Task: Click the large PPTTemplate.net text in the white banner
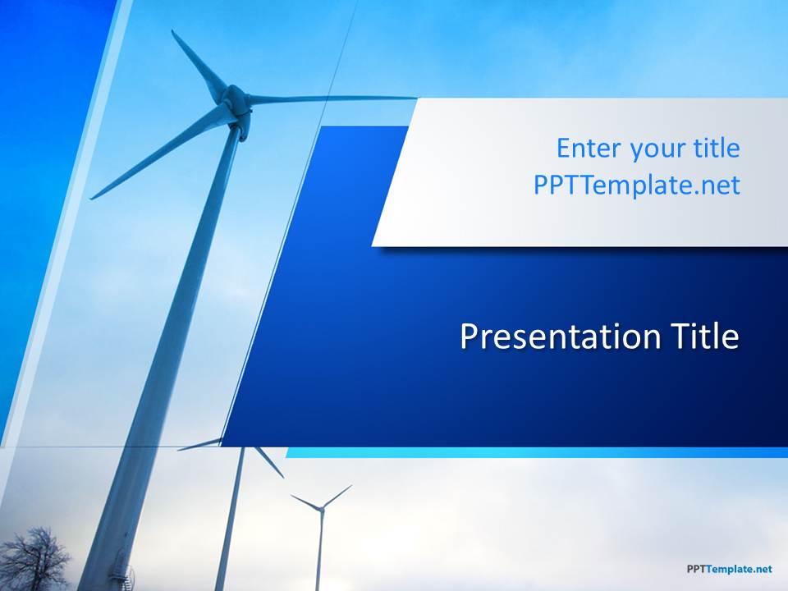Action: pyautogui.click(x=637, y=185)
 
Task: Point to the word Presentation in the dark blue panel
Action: pyautogui.click(x=560, y=337)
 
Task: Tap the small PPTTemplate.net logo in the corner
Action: pyautogui.click(x=729, y=569)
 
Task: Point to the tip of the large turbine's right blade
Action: pyautogui.click(x=416, y=98)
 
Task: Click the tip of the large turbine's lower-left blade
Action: pyautogui.click(x=91, y=199)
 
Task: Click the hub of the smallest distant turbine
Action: pyautogui.click(x=320, y=508)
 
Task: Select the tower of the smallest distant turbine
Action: pyautogui.click(x=318, y=551)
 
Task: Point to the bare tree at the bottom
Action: pyautogui.click(x=34, y=558)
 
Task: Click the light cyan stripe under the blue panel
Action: pyautogui.click(x=537, y=452)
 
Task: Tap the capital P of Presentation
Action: pyautogui.click(x=469, y=337)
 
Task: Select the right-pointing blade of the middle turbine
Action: pyautogui.click(x=269, y=462)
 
